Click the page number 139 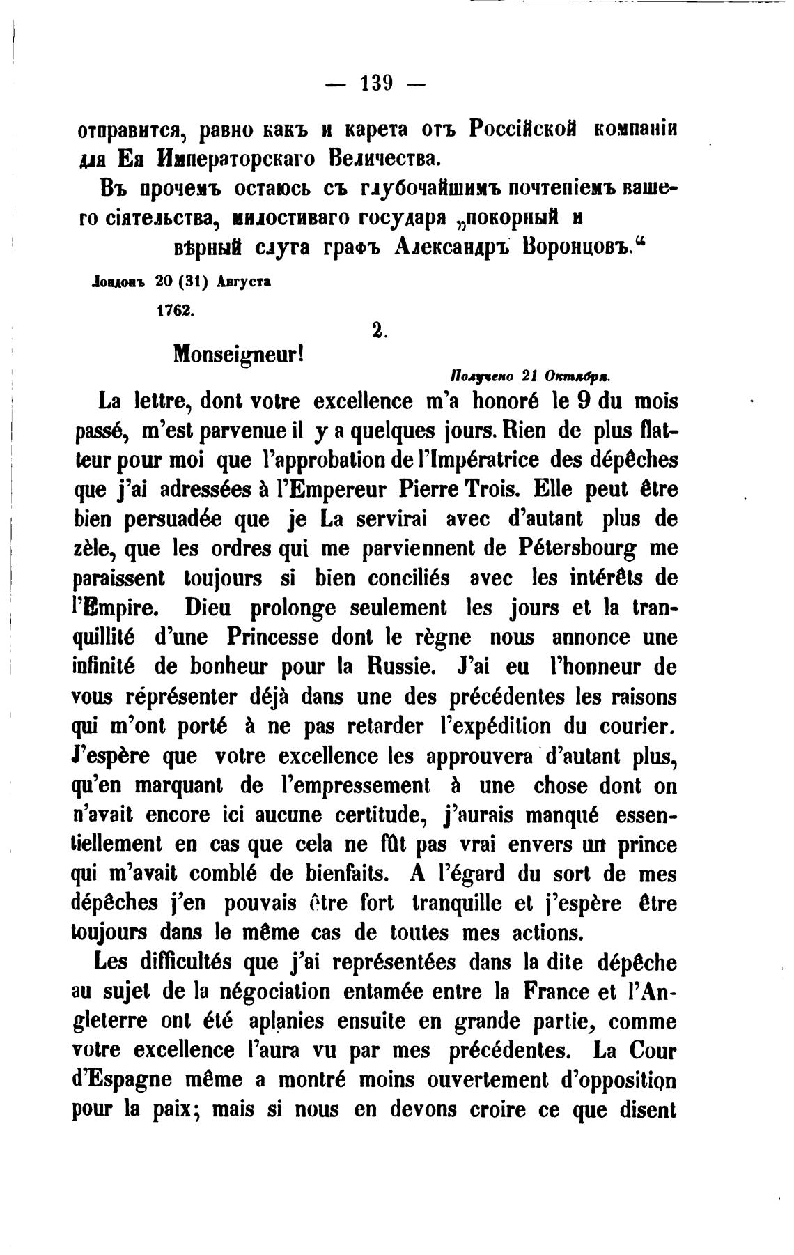pos(375,85)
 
